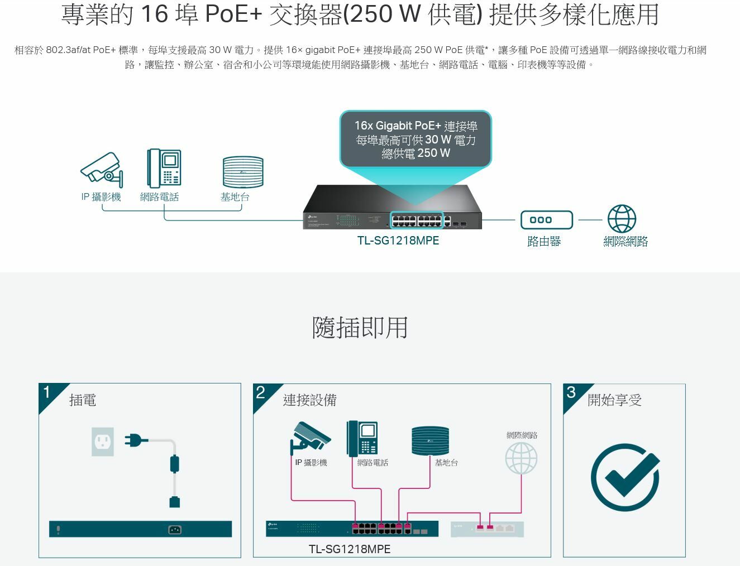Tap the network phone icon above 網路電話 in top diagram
(x=164, y=168)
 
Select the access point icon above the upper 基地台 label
(x=242, y=172)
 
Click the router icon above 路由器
(x=546, y=220)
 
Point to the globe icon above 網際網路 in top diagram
(x=622, y=219)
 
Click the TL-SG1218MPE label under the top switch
(x=398, y=241)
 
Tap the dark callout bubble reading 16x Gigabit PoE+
(x=416, y=140)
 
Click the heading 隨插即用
(x=360, y=327)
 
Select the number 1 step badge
(x=47, y=392)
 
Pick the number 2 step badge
(x=261, y=392)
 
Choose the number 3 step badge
(x=571, y=392)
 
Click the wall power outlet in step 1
(x=103, y=442)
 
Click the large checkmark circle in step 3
(x=625, y=477)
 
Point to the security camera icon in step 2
(x=310, y=437)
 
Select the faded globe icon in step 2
(x=521, y=458)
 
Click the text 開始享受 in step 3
(x=614, y=400)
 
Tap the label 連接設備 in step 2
(x=309, y=400)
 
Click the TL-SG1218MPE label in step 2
(x=349, y=549)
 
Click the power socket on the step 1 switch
(x=175, y=530)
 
